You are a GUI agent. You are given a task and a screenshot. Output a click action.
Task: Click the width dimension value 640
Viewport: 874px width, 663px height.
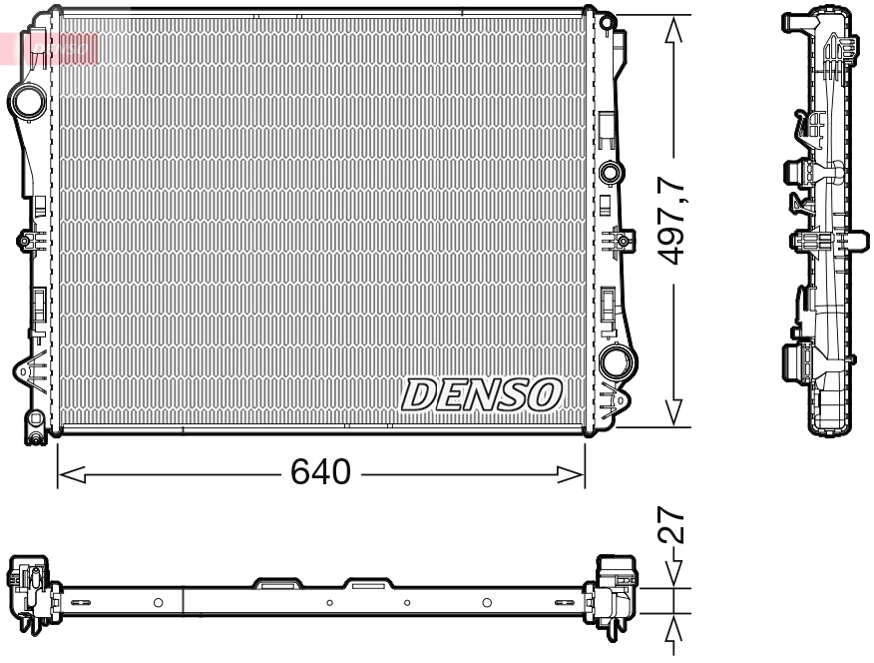click(x=320, y=471)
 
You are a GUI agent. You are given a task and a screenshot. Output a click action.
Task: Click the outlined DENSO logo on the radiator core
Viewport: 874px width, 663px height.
click(x=482, y=395)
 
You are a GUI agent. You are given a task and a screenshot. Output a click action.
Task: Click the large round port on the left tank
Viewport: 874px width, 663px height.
click(x=27, y=100)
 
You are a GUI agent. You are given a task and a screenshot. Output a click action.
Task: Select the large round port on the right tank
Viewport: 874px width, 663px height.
click(x=616, y=360)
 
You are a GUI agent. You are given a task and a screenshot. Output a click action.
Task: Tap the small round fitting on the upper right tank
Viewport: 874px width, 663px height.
click(x=610, y=173)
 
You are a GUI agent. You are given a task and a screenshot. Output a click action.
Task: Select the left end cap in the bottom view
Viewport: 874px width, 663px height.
click(x=29, y=593)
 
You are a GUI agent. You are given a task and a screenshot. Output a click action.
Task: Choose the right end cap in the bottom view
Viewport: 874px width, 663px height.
click(x=616, y=593)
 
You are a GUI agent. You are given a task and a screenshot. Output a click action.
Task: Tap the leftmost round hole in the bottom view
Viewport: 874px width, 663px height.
click(x=158, y=602)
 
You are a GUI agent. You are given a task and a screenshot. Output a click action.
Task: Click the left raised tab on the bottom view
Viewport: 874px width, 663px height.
click(x=277, y=581)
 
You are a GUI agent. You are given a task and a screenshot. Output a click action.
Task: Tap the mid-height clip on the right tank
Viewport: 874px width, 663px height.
click(x=620, y=241)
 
